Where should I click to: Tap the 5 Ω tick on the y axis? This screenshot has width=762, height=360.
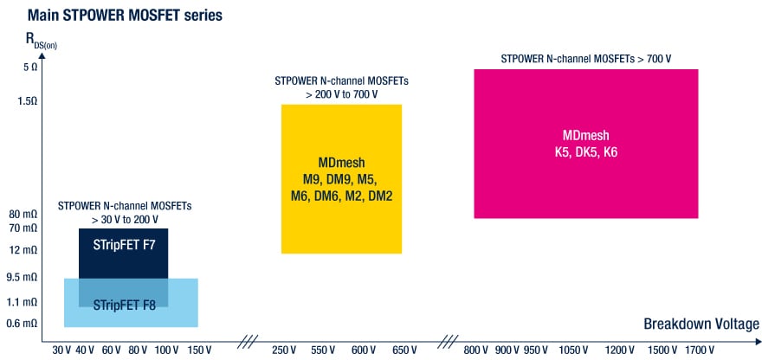(29, 67)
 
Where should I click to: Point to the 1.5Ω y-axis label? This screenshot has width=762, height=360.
(28, 101)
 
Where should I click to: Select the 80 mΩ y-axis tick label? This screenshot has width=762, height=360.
(23, 215)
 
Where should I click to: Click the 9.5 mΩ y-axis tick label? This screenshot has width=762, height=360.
(23, 278)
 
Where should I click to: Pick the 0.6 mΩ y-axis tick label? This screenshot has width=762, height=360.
(23, 324)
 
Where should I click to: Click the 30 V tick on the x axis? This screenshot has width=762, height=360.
(61, 350)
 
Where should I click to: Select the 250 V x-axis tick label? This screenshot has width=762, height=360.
(286, 350)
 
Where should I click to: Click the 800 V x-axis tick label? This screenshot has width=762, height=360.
(476, 350)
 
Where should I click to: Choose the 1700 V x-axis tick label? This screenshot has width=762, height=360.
(699, 350)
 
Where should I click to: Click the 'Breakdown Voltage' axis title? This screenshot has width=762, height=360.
(701, 325)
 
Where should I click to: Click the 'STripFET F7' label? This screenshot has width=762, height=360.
(124, 245)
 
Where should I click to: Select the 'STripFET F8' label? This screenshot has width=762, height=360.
(124, 305)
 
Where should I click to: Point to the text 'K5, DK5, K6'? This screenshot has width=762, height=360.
(586, 151)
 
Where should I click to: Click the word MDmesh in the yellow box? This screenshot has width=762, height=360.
(342, 163)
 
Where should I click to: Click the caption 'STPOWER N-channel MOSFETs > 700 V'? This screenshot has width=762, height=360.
(586, 59)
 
